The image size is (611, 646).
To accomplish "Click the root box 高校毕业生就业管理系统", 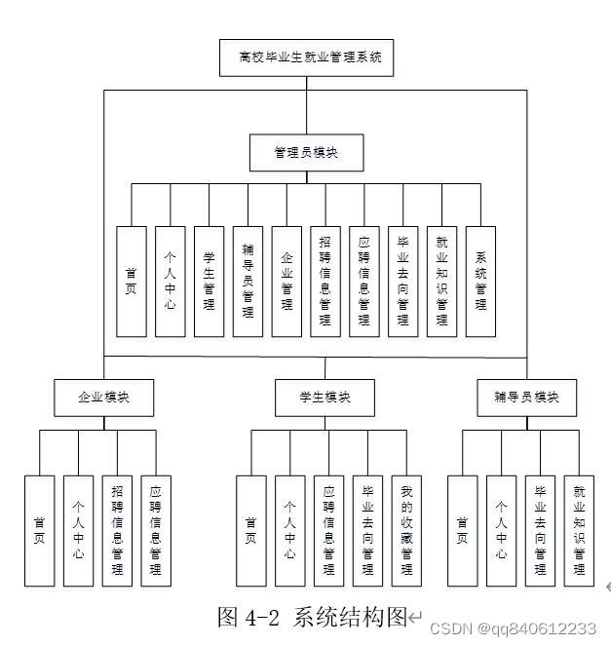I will pyautogui.click(x=305, y=58).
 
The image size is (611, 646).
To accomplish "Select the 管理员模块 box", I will pyautogui.click(x=306, y=152).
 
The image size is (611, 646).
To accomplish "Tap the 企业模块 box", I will pyautogui.click(x=103, y=398).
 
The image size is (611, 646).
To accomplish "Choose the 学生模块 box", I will pyautogui.click(x=325, y=398).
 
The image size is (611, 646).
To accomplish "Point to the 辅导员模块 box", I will pyautogui.click(x=526, y=398).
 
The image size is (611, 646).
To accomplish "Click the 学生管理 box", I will pyautogui.click(x=209, y=282).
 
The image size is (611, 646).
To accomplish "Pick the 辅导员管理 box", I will pyautogui.click(x=248, y=282).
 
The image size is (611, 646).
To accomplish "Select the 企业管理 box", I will pyautogui.click(x=286, y=282).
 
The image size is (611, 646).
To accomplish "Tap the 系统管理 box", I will pyautogui.click(x=480, y=282).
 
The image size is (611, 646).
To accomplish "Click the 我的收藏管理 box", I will pyautogui.click(x=406, y=531).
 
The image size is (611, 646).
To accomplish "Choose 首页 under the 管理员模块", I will pyautogui.click(x=131, y=282).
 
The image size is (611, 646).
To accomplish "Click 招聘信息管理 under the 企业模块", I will pyautogui.click(x=117, y=531).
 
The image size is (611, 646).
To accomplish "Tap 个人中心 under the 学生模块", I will pyautogui.click(x=289, y=531).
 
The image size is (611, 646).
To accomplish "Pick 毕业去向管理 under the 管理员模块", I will pyautogui.click(x=402, y=282).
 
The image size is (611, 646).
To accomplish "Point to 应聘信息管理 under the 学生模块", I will pyautogui.click(x=328, y=531).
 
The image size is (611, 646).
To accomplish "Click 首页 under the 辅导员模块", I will pyautogui.click(x=462, y=531).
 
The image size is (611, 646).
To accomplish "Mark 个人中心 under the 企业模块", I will pyautogui.click(x=78, y=531).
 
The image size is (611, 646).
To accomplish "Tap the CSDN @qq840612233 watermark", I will pyautogui.click(x=513, y=629).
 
